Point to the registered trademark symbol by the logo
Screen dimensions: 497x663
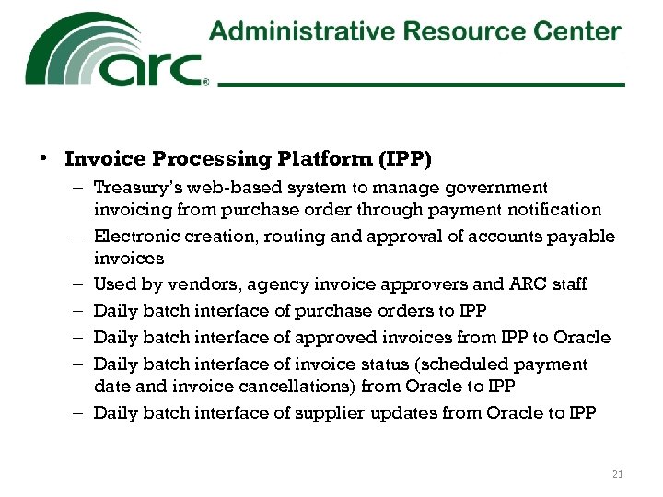pyautogui.click(x=205, y=82)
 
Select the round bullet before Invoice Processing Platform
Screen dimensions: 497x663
pyautogui.click(x=43, y=158)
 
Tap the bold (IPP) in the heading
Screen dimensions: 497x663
pyautogui.click(x=401, y=158)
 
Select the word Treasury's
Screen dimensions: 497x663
pyautogui.click(x=137, y=188)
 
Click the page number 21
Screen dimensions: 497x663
pyautogui.click(x=617, y=474)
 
